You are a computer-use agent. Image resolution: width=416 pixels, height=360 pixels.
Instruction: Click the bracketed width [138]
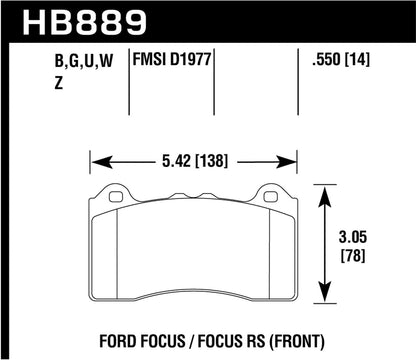point(221,157)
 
